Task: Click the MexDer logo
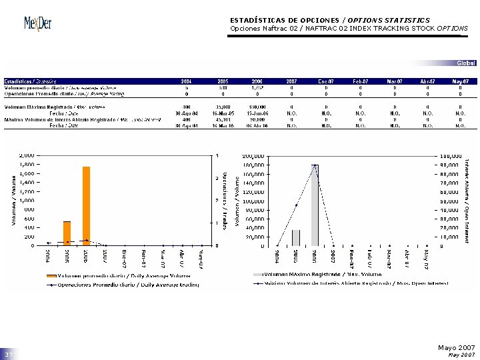(37, 23)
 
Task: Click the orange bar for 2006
(86, 205)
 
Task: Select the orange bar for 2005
(67, 233)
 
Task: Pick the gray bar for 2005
(296, 237)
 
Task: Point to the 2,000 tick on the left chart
(27, 155)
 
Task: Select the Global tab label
(466, 63)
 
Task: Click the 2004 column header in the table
(187, 81)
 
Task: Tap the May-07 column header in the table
(461, 81)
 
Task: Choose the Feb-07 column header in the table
(360, 81)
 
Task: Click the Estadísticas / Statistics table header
(30, 81)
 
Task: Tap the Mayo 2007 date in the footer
(456, 348)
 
